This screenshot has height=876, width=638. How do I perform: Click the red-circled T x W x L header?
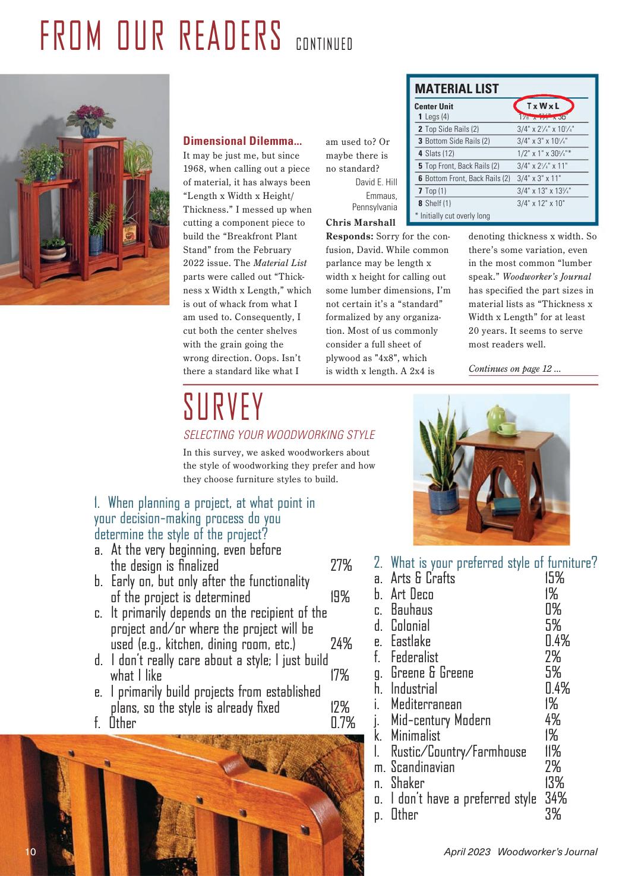click(x=543, y=106)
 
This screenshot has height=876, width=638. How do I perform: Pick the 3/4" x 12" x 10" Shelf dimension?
click(x=541, y=203)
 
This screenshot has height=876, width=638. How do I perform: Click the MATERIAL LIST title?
click(x=456, y=89)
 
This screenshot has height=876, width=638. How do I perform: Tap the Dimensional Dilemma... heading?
click(x=242, y=141)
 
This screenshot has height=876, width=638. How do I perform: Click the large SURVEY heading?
click(x=223, y=407)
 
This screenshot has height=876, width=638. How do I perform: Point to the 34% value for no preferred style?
click(x=555, y=799)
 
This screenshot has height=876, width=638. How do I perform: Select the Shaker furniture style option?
click(x=408, y=783)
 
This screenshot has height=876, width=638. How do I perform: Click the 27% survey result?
click(x=341, y=565)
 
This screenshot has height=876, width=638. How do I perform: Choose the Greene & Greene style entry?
click(x=432, y=673)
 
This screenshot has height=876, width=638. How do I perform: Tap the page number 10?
click(x=30, y=852)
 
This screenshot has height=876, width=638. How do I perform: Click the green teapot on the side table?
click(x=496, y=414)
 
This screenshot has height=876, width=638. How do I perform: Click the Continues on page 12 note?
click(x=514, y=369)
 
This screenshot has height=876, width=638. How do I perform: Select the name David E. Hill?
click(x=376, y=182)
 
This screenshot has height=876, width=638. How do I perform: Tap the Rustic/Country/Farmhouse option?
click(x=458, y=752)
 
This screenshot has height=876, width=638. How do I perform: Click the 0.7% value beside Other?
click(x=343, y=723)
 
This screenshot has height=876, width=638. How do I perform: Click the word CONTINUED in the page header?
click(x=324, y=45)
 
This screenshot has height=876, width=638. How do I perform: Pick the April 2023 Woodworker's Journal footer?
click(x=520, y=852)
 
